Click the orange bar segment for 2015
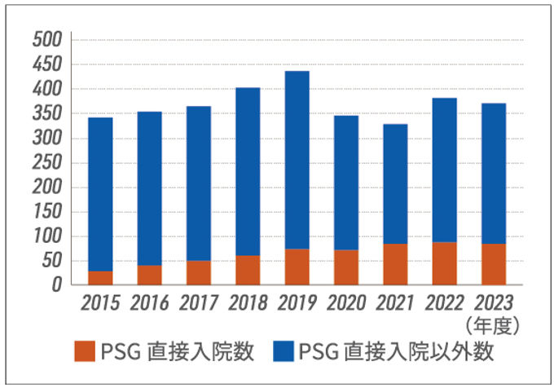click(100, 278)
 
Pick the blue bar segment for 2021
click(395, 183)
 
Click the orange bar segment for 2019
click(297, 267)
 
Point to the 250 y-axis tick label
click(47, 163)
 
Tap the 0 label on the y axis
click(58, 286)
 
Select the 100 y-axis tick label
click(47, 237)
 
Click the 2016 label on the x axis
click(149, 305)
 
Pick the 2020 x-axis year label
click(346, 305)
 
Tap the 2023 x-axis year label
click(494, 305)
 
